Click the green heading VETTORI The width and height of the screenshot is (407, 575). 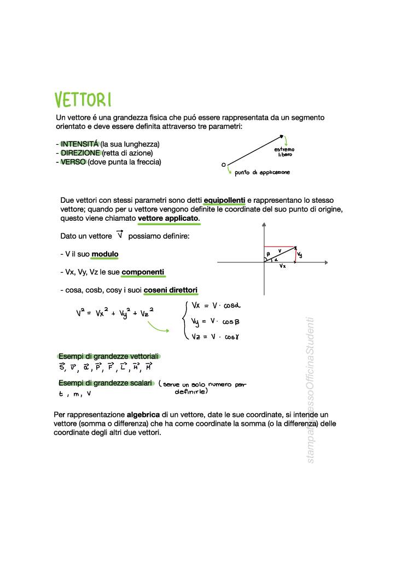[83, 100]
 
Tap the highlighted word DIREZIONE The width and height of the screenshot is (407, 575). [80, 153]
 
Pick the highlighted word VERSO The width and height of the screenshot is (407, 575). [73, 162]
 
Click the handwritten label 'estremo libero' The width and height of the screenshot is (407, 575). [284, 152]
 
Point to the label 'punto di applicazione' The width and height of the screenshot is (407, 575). [262, 173]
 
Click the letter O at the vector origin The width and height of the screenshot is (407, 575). [223, 164]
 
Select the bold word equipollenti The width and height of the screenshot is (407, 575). [224, 201]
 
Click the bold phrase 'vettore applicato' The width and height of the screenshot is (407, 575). [168, 219]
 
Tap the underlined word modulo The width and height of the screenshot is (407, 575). [104, 254]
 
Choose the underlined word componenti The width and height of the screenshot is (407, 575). [143, 272]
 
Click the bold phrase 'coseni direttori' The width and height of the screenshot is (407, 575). [171, 290]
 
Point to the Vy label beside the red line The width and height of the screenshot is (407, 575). [300, 255]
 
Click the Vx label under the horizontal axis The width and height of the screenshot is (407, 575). [282, 266]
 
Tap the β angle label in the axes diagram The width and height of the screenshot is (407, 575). [268, 254]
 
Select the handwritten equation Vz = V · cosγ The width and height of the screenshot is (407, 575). [215, 337]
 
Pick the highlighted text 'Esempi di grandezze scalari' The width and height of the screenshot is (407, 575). [105, 383]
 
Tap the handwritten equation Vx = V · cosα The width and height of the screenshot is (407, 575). [216, 306]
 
